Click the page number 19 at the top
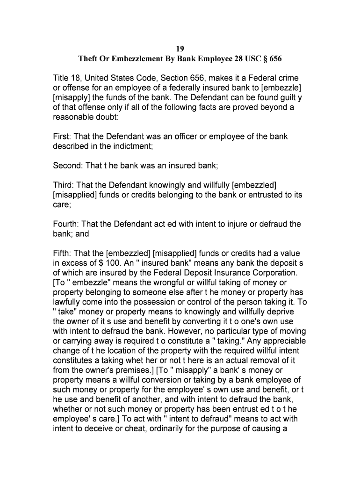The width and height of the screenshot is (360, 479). (x=180, y=49)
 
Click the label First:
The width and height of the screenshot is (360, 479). (x=63, y=137)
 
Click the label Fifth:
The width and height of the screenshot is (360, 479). (x=63, y=254)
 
